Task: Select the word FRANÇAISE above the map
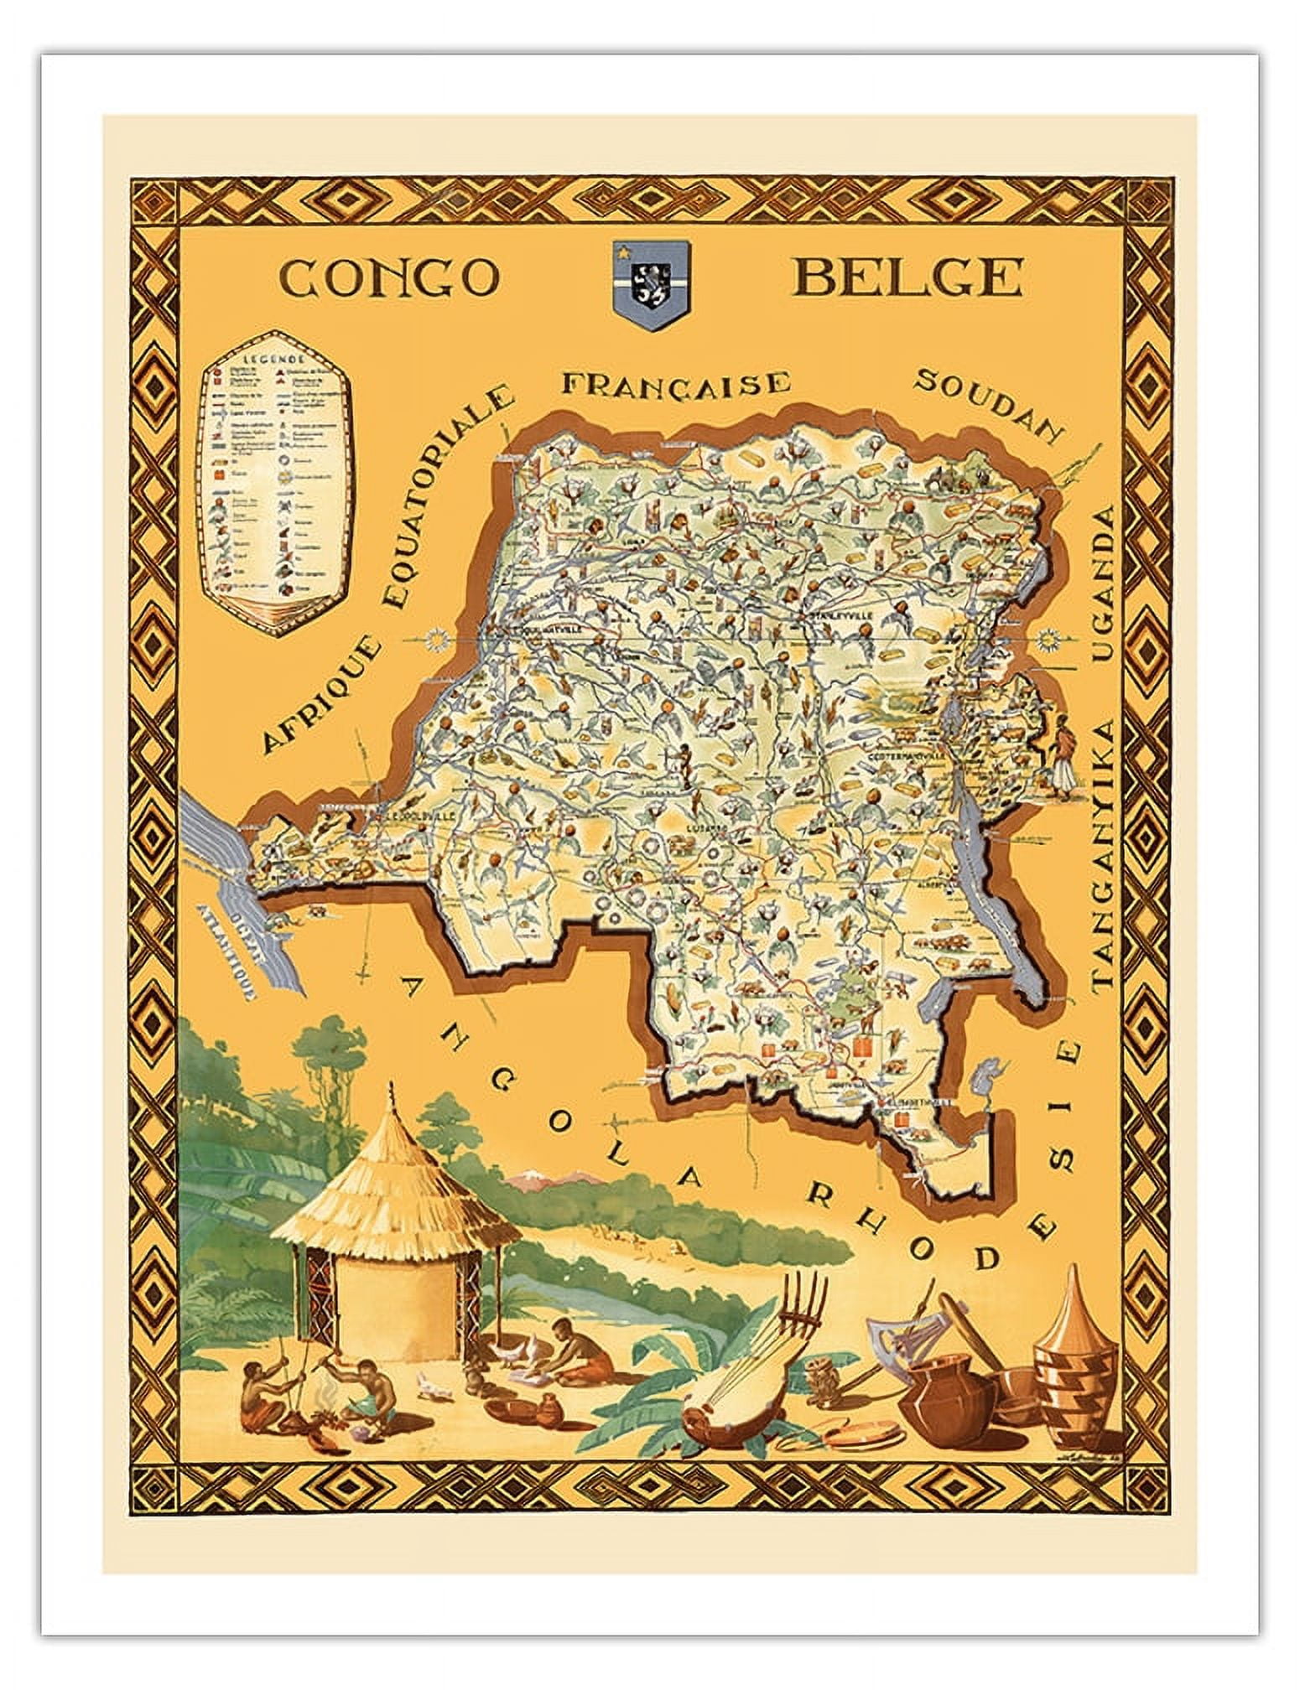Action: [x=676, y=383]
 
